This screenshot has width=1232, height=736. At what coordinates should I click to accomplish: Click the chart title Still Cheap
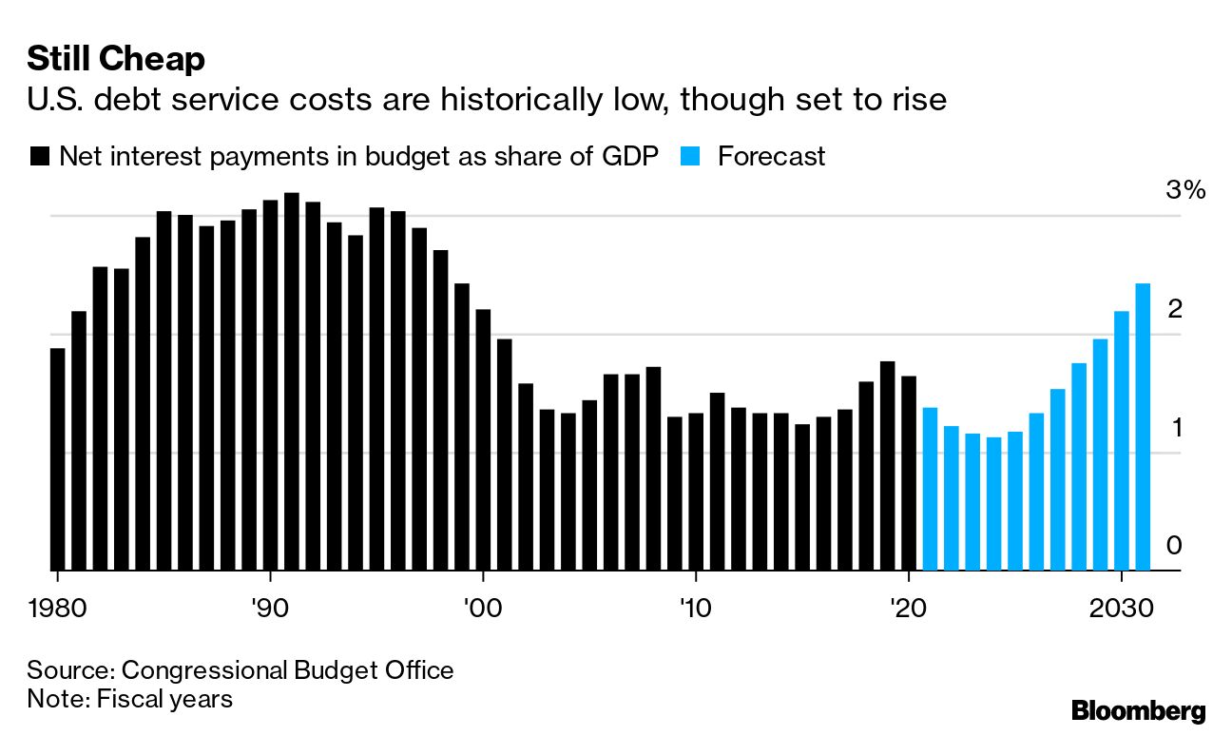[115, 60]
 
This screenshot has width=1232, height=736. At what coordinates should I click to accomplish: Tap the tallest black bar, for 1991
[292, 381]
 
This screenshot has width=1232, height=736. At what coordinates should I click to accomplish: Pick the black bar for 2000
[483, 439]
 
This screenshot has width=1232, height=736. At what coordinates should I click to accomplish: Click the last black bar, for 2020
[909, 473]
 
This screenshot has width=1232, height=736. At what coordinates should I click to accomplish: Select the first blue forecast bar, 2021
[930, 489]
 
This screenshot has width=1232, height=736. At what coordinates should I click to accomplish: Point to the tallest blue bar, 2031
[1143, 427]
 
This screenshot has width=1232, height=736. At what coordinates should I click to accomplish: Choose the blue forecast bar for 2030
[1122, 440]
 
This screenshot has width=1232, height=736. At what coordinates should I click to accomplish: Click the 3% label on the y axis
[1184, 190]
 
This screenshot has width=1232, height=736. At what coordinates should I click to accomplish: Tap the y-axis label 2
[1175, 309]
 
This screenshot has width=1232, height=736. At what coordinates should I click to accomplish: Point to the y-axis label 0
[1175, 546]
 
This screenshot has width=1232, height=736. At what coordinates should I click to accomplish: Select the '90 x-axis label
[271, 607]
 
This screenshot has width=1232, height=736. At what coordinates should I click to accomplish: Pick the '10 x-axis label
[696, 607]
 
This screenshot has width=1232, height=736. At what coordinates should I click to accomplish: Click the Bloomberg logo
[1138, 709]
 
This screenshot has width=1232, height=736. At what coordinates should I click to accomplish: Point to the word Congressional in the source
[204, 669]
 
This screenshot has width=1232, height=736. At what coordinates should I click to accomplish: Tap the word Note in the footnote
[54, 698]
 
